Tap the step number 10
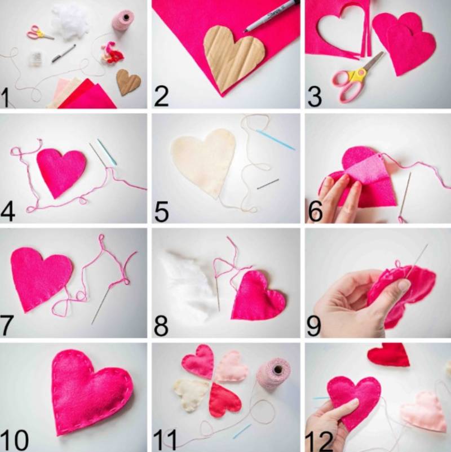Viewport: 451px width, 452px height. coord(15,440)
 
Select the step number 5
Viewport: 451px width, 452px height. coord(161,212)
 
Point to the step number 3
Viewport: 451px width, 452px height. coord(315,96)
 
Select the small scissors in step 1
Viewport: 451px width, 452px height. coord(39,33)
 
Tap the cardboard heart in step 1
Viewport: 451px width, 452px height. coord(129,82)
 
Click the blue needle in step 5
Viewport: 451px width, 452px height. coord(275,140)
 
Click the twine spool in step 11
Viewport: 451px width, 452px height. coord(273,375)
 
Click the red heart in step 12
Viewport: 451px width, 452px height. coord(388,354)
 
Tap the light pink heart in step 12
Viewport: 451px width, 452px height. coord(425,411)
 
